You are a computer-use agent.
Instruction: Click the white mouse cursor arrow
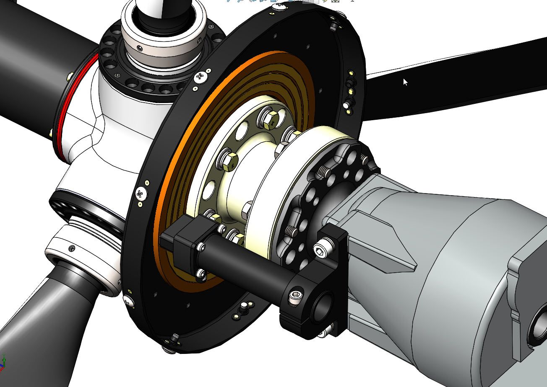click(405, 82)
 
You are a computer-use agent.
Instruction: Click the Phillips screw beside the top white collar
click(201, 77)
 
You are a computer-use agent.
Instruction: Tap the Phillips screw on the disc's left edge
click(140, 194)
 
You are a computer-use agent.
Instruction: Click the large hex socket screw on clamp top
click(320, 250)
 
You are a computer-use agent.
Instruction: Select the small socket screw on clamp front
click(295, 296)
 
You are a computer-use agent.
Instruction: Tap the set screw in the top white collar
click(139, 49)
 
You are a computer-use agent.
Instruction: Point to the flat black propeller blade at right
click(453, 80)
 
